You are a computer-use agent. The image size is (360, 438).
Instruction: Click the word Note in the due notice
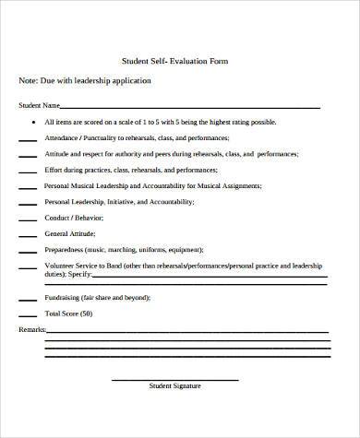tap(28, 81)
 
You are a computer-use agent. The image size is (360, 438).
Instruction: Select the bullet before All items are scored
tap(34, 121)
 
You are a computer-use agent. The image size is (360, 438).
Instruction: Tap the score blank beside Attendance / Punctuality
tap(28, 139)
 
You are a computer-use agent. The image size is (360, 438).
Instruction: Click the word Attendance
tap(62, 137)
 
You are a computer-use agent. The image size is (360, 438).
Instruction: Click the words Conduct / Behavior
tap(74, 218)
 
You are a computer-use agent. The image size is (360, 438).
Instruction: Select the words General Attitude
tap(70, 233)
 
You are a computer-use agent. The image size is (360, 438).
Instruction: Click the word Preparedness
tap(66, 250)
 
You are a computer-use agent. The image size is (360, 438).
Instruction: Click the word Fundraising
tap(64, 298)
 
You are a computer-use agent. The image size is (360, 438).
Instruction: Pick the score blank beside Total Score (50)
tap(28, 315)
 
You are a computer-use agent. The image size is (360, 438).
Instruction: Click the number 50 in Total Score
tap(86, 314)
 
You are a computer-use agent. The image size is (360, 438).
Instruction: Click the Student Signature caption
tap(174, 385)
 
